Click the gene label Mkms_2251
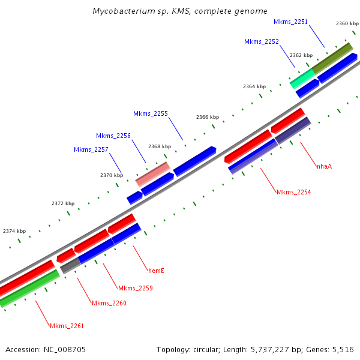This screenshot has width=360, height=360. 290,22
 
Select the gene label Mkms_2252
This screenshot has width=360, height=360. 262,41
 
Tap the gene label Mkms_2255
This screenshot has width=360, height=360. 151,113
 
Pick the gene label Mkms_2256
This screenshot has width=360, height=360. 113,136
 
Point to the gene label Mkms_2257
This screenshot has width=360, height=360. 91,149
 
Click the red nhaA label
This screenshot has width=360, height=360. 324,166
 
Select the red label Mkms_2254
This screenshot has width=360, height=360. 293,192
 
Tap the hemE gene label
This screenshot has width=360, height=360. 156,271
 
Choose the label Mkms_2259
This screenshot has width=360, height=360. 136,288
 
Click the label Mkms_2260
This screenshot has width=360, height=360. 109,303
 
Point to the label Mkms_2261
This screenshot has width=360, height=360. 67,326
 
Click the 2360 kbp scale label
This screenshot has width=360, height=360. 347,23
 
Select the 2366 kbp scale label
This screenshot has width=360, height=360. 208,117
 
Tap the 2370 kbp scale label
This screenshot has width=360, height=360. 112,175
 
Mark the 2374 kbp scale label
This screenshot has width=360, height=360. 14,231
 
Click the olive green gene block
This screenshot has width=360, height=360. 332,57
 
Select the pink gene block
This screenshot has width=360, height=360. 153,174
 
